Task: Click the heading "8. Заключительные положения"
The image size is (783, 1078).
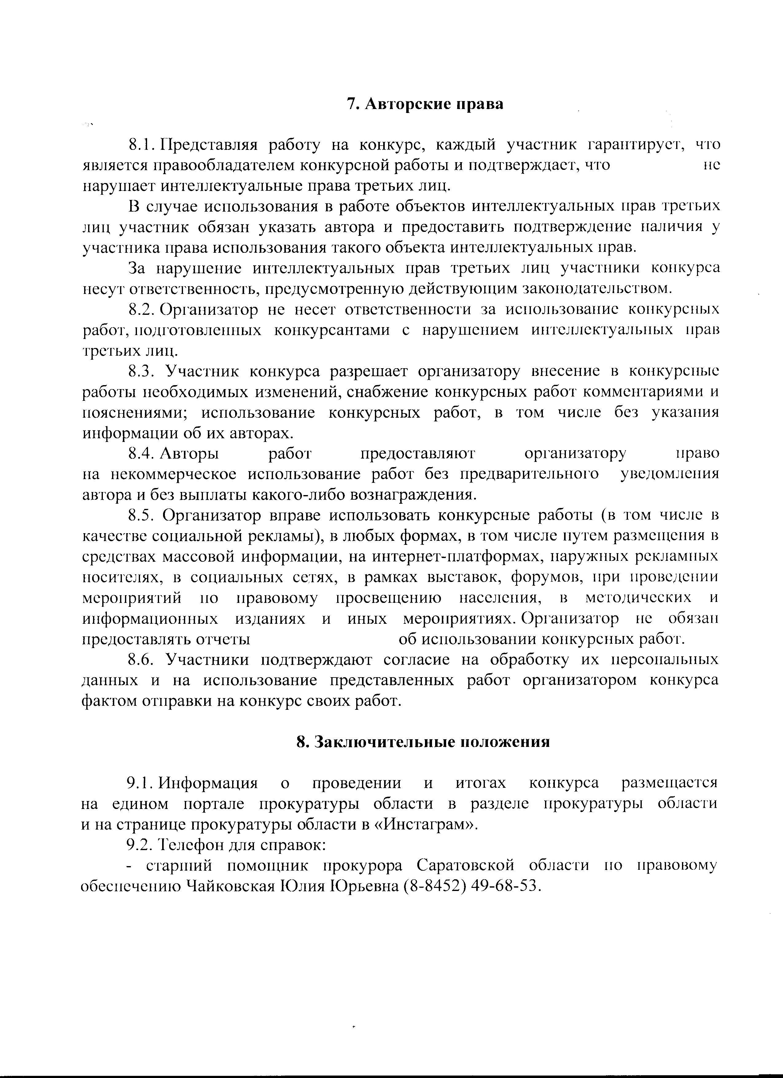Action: click(423, 742)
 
